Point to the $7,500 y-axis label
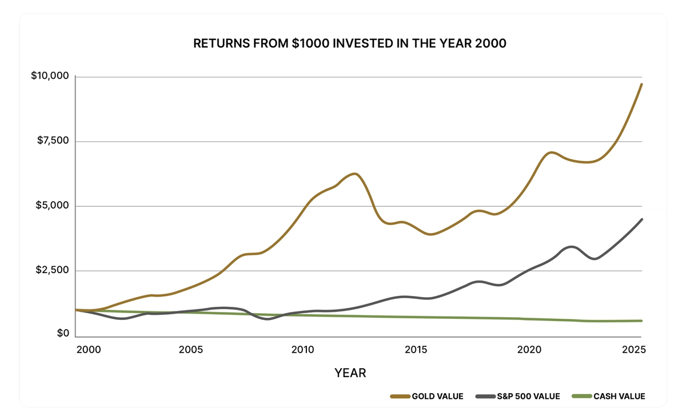52,141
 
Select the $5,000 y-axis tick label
52,205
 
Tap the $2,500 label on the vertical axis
52,270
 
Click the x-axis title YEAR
350,373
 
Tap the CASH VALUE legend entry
612,396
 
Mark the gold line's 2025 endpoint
641,84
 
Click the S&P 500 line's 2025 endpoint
641,219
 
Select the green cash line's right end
641,321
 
